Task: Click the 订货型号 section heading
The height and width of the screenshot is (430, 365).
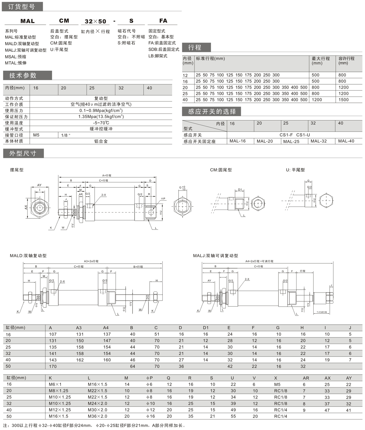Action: point(21,7)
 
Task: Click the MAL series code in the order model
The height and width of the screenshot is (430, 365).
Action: point(27,21)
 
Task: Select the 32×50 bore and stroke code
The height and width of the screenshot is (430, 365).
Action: point(95,21)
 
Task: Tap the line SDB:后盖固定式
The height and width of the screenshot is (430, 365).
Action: point(164,49)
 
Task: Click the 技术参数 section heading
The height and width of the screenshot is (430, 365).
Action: point(23,75)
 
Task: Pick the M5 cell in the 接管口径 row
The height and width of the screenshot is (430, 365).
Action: point(36,135)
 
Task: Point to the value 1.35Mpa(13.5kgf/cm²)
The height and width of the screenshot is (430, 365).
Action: point(101,117)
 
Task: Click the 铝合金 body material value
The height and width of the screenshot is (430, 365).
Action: point(101,141)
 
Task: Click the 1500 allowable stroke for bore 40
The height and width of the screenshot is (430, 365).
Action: point(343,100)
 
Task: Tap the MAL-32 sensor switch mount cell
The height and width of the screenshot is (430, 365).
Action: point(318,141)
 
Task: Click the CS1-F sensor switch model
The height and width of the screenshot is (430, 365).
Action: point(286,135)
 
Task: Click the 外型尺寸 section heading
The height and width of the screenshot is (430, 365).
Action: point(23,153)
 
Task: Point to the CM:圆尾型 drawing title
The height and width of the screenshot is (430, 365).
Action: point(221,170)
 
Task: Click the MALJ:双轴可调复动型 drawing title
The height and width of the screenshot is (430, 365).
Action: point(215,256)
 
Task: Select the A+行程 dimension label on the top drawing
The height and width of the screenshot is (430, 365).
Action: point(106,175)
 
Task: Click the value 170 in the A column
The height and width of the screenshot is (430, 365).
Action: point(53,366)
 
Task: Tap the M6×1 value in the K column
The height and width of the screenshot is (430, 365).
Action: point(55,384)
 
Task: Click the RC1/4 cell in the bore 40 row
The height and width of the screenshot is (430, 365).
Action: point(280,410)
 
